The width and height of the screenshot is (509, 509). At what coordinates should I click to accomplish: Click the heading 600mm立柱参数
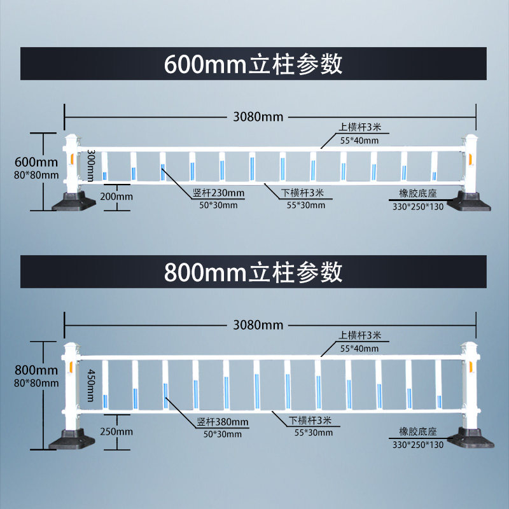pos(253,64)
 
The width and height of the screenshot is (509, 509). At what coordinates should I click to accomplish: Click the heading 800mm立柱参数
pos(253,272)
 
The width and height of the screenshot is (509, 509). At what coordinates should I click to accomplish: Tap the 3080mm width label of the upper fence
pos(258,116)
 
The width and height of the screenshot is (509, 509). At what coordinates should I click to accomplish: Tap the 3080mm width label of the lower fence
pos(258,324)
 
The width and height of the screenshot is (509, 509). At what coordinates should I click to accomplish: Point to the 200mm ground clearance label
pos(116,196)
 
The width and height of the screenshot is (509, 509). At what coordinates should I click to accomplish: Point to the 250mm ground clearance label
pos(116,431)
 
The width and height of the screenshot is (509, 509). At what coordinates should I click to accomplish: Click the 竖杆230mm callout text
pos(218,193)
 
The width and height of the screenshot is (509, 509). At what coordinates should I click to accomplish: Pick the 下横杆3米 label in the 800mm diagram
pos(310,420)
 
